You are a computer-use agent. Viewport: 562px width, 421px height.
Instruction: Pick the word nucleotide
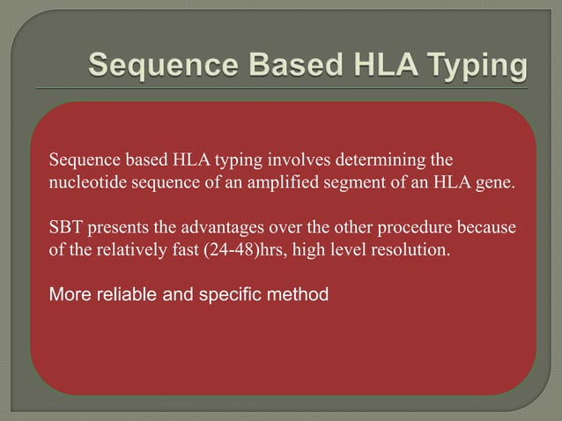point(85,186)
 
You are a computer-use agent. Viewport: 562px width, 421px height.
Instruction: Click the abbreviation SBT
point(65,227)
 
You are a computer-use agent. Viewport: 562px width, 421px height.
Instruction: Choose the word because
point(485,227)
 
